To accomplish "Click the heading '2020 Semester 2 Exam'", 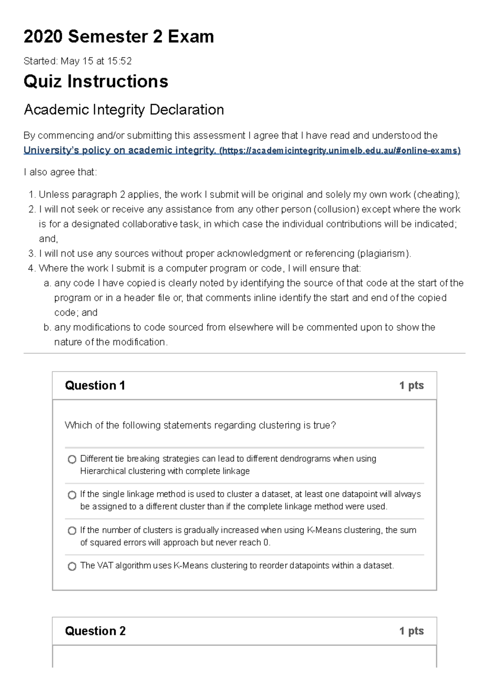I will coord(119,37).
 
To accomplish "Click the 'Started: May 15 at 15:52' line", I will coord(78,61).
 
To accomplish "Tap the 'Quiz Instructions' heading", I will coord(96,81).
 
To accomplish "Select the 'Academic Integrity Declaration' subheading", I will coord(124,110).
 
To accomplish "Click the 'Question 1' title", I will coord(95,385).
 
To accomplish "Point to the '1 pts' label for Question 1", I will coord(411,385).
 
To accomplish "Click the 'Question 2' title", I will coord(95,631).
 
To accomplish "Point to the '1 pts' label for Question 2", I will coord(411,631).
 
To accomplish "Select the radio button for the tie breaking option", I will coord(72,459).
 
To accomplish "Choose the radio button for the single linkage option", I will coord(72,495).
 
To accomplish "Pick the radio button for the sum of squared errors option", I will coord(72,531).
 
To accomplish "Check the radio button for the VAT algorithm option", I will coord(72,566).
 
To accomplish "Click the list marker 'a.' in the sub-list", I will coord(47,283).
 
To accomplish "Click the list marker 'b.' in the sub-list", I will coord(47,328).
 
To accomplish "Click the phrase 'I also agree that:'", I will coord(60,172).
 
